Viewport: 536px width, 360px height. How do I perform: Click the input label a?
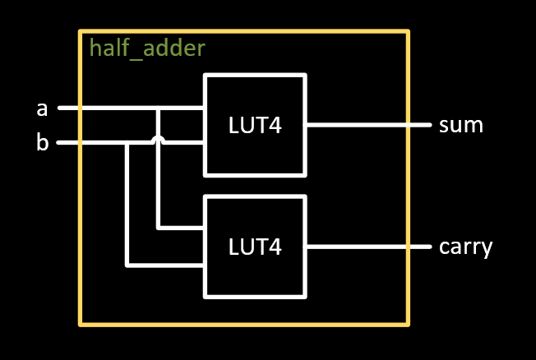(x=42, y=108)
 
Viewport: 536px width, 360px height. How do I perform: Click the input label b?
(x=42, y=143)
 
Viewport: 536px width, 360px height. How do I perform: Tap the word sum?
(x=460, y=126)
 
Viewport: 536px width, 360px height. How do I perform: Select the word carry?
(x=465, y=247)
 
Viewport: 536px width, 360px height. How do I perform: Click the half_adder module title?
(x=147, y=48)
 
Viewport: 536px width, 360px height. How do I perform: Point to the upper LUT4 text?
(x=255, y=126)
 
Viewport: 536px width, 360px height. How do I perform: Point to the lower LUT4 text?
(x=255, y=247)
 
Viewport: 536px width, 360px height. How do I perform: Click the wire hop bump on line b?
(x=159, y=141)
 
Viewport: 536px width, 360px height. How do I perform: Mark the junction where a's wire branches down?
(x=159, y=108)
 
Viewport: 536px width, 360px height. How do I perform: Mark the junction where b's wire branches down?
(x=127, y=143)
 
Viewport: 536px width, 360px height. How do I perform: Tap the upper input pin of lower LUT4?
(x=204, y=228)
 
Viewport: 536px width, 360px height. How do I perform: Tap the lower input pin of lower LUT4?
(x=204, y=265)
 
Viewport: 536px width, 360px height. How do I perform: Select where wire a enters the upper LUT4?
(x=204, y=108)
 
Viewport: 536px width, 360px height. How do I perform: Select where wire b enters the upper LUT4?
(x=204, y=143)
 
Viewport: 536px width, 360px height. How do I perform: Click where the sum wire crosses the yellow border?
(x=408, y=126)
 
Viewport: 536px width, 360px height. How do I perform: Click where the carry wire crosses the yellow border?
(x=408, y=247)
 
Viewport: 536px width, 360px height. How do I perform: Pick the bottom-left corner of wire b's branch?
(x=127, y=265)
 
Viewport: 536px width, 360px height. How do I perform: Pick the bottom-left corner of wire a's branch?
(x=159, y=228)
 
